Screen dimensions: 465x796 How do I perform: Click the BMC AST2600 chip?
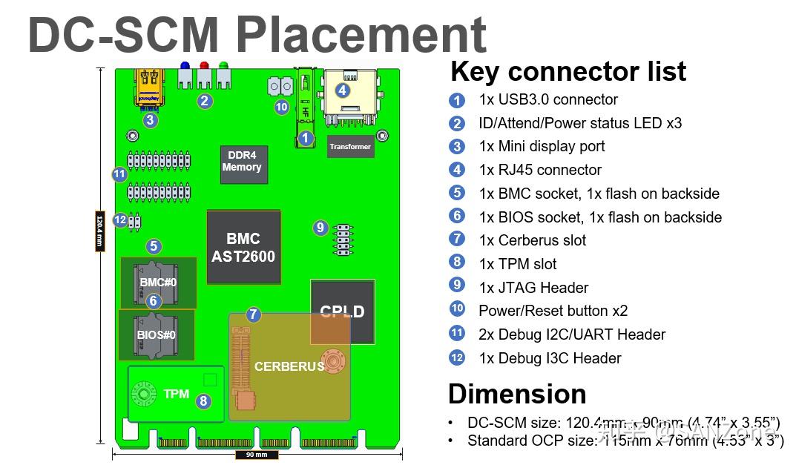click(x=243, y=248)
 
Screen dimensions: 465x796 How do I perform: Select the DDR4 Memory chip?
click(x=244, y=163)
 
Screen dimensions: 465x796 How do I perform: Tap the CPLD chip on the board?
click(x=342, y=311)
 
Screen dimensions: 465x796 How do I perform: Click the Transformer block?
click(x=350, y=147)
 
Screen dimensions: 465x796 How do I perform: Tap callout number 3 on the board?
click(x=150, y=119)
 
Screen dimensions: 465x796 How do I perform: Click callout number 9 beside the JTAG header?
click(x=320, y=228)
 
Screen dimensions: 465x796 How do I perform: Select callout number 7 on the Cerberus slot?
click(x=254, y=314)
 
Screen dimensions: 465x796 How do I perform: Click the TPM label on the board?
click(x=177, y=394)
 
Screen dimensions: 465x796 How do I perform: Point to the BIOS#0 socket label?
click(x=157, y=334)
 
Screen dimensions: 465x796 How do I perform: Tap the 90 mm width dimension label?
click(x=257, y=455)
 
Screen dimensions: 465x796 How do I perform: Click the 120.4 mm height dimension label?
click(x=99, y=231)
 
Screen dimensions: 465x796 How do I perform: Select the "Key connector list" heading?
click(x=568, y=72)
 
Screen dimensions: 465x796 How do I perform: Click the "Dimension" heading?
click(x=517, y=393)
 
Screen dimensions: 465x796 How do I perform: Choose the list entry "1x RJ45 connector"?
click(x=540, y=170)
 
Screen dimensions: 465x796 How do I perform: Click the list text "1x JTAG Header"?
click(x=533, y=288)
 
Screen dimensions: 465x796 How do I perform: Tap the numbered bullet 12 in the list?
click(x=457, y=358)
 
